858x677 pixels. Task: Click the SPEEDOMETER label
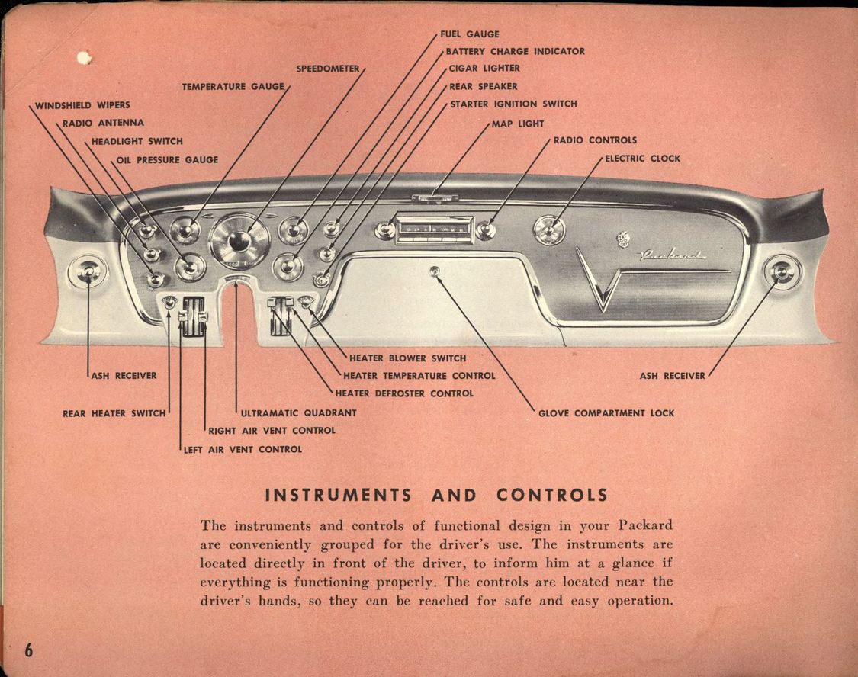[x=327, y=69]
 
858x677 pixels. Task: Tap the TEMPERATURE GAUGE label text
[x=233, y=87]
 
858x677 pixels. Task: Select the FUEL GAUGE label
[x=470, y=34]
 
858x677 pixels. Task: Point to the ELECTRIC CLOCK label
[x=642, y=159]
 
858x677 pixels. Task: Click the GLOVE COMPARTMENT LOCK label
[x=606, y=413]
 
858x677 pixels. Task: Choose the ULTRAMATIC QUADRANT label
[x=298, y=413]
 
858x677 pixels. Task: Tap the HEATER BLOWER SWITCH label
[x=407, y=358]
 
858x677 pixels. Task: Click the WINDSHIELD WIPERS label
[x=82, y=105]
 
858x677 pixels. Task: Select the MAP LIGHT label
[x=518, y=124]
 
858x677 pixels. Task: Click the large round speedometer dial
[x=239, y=241]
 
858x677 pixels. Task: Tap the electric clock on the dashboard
[x=549, y=229]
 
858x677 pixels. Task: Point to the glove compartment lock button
[x=435, y=271]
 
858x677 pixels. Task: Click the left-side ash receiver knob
[x=87, y=272]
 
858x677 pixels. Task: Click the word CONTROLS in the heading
[x=552, y=495]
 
